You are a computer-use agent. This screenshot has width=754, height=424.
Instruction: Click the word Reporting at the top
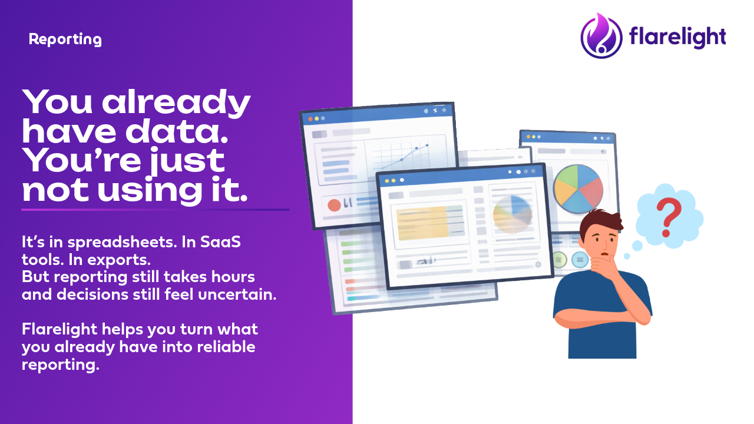(x=65, y=39)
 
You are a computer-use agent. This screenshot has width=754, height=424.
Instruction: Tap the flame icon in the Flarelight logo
(x=601, y=35)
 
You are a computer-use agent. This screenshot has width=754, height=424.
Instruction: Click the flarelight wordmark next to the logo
(x=677, y=37)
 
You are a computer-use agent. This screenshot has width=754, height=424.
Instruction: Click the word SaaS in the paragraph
(x=220, y=241)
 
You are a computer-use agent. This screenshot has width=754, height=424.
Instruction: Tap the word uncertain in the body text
(x=237, y=294)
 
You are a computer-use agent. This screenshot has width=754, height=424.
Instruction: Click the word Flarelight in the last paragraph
(x=59, y=329)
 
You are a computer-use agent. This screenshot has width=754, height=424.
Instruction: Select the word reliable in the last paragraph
(x=226, y=347)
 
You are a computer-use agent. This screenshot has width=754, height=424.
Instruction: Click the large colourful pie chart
(x=578, y=189)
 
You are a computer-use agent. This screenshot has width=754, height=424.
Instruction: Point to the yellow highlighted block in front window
(x=422, y=223)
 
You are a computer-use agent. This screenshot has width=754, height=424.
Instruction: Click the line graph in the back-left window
(x=405, y=157)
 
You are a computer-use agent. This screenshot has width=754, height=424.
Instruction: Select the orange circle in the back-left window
(x=334, y=205)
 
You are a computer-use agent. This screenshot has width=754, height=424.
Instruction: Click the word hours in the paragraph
(x=233, y=277)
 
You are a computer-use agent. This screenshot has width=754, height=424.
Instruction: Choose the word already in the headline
(x=176, y=102)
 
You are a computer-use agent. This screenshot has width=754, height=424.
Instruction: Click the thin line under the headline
(x=155, y=210)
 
